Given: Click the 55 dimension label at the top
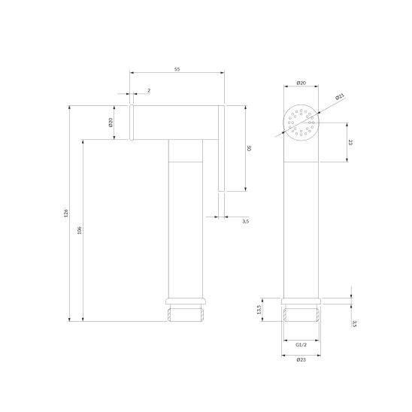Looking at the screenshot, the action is click(x=177, y=69).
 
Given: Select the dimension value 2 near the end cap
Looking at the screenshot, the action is click(x=149, y=91).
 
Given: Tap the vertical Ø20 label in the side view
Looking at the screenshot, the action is click(x=111, y=123).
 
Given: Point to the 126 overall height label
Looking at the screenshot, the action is click(x=66, y=213).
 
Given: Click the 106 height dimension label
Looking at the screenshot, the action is click(x=80, y=230).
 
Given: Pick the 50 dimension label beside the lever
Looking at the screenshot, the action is click(x=250, y=148).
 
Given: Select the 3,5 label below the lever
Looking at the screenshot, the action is click(x=245, y=222).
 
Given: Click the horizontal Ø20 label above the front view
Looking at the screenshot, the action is click(x=301, y=83).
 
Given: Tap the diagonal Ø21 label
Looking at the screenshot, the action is click(x=340, y=97).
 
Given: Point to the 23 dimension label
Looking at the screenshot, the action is click(x=350, y=142).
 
